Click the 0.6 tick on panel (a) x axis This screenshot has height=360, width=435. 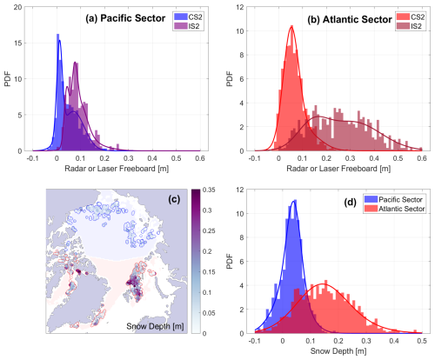(x=200, y=160)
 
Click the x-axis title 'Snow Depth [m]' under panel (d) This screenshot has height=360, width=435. (x=336, y=354)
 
